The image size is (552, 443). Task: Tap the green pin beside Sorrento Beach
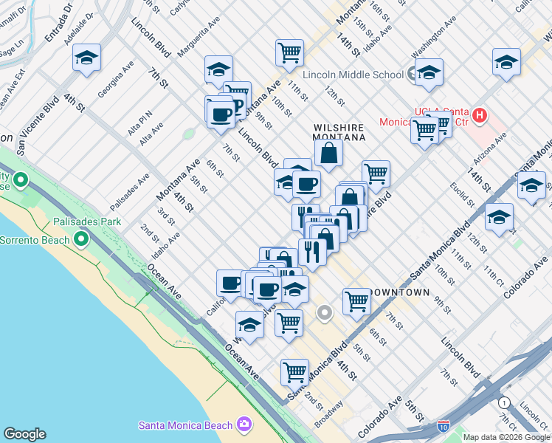[x=81, y=239]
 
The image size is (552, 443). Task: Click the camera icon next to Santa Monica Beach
[x=245, y=425]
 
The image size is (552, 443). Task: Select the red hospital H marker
[x=480, y=116]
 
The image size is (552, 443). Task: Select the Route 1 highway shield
[x=504, y=402]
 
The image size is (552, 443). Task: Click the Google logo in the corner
[x=24, y=434]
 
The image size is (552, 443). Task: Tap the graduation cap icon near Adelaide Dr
[x=86, y=58]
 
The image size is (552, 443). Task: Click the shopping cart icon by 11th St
[x=289, y=52]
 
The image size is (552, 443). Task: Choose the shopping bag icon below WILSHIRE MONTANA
[x=328, y=153]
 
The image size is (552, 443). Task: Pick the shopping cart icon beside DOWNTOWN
[x=356, y=301]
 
